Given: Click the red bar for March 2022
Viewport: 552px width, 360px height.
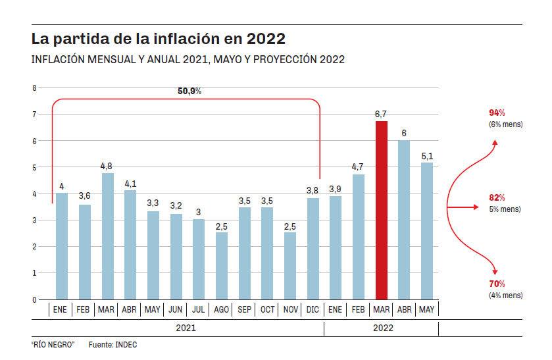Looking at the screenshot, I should coord(381,211).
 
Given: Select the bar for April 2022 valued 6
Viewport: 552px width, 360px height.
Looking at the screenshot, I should coord(404,220).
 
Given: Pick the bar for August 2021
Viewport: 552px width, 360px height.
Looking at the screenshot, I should coord(222,266).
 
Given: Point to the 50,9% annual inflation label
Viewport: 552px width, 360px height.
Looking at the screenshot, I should coord(189,91).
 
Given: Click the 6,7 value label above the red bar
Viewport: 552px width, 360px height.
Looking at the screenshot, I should coord(381,115).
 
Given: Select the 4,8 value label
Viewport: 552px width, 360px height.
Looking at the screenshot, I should coord(107,166).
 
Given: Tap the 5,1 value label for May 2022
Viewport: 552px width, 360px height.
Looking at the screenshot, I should coord(427,156).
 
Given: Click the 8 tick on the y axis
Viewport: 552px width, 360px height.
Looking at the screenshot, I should coord(34,88).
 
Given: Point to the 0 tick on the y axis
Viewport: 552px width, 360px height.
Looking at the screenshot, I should coord(34,299).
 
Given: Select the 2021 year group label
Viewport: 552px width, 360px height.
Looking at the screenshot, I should coord(186,328).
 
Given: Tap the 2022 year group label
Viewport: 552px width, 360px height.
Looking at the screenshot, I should coord(382,328).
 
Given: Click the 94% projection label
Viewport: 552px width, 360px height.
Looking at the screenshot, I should coord(497,113).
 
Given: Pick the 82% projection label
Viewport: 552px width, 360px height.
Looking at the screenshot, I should coord(497,197).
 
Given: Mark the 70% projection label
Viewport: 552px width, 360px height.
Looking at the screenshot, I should coord(497,284).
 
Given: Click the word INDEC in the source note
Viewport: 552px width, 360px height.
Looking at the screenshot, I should coord(126,344).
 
